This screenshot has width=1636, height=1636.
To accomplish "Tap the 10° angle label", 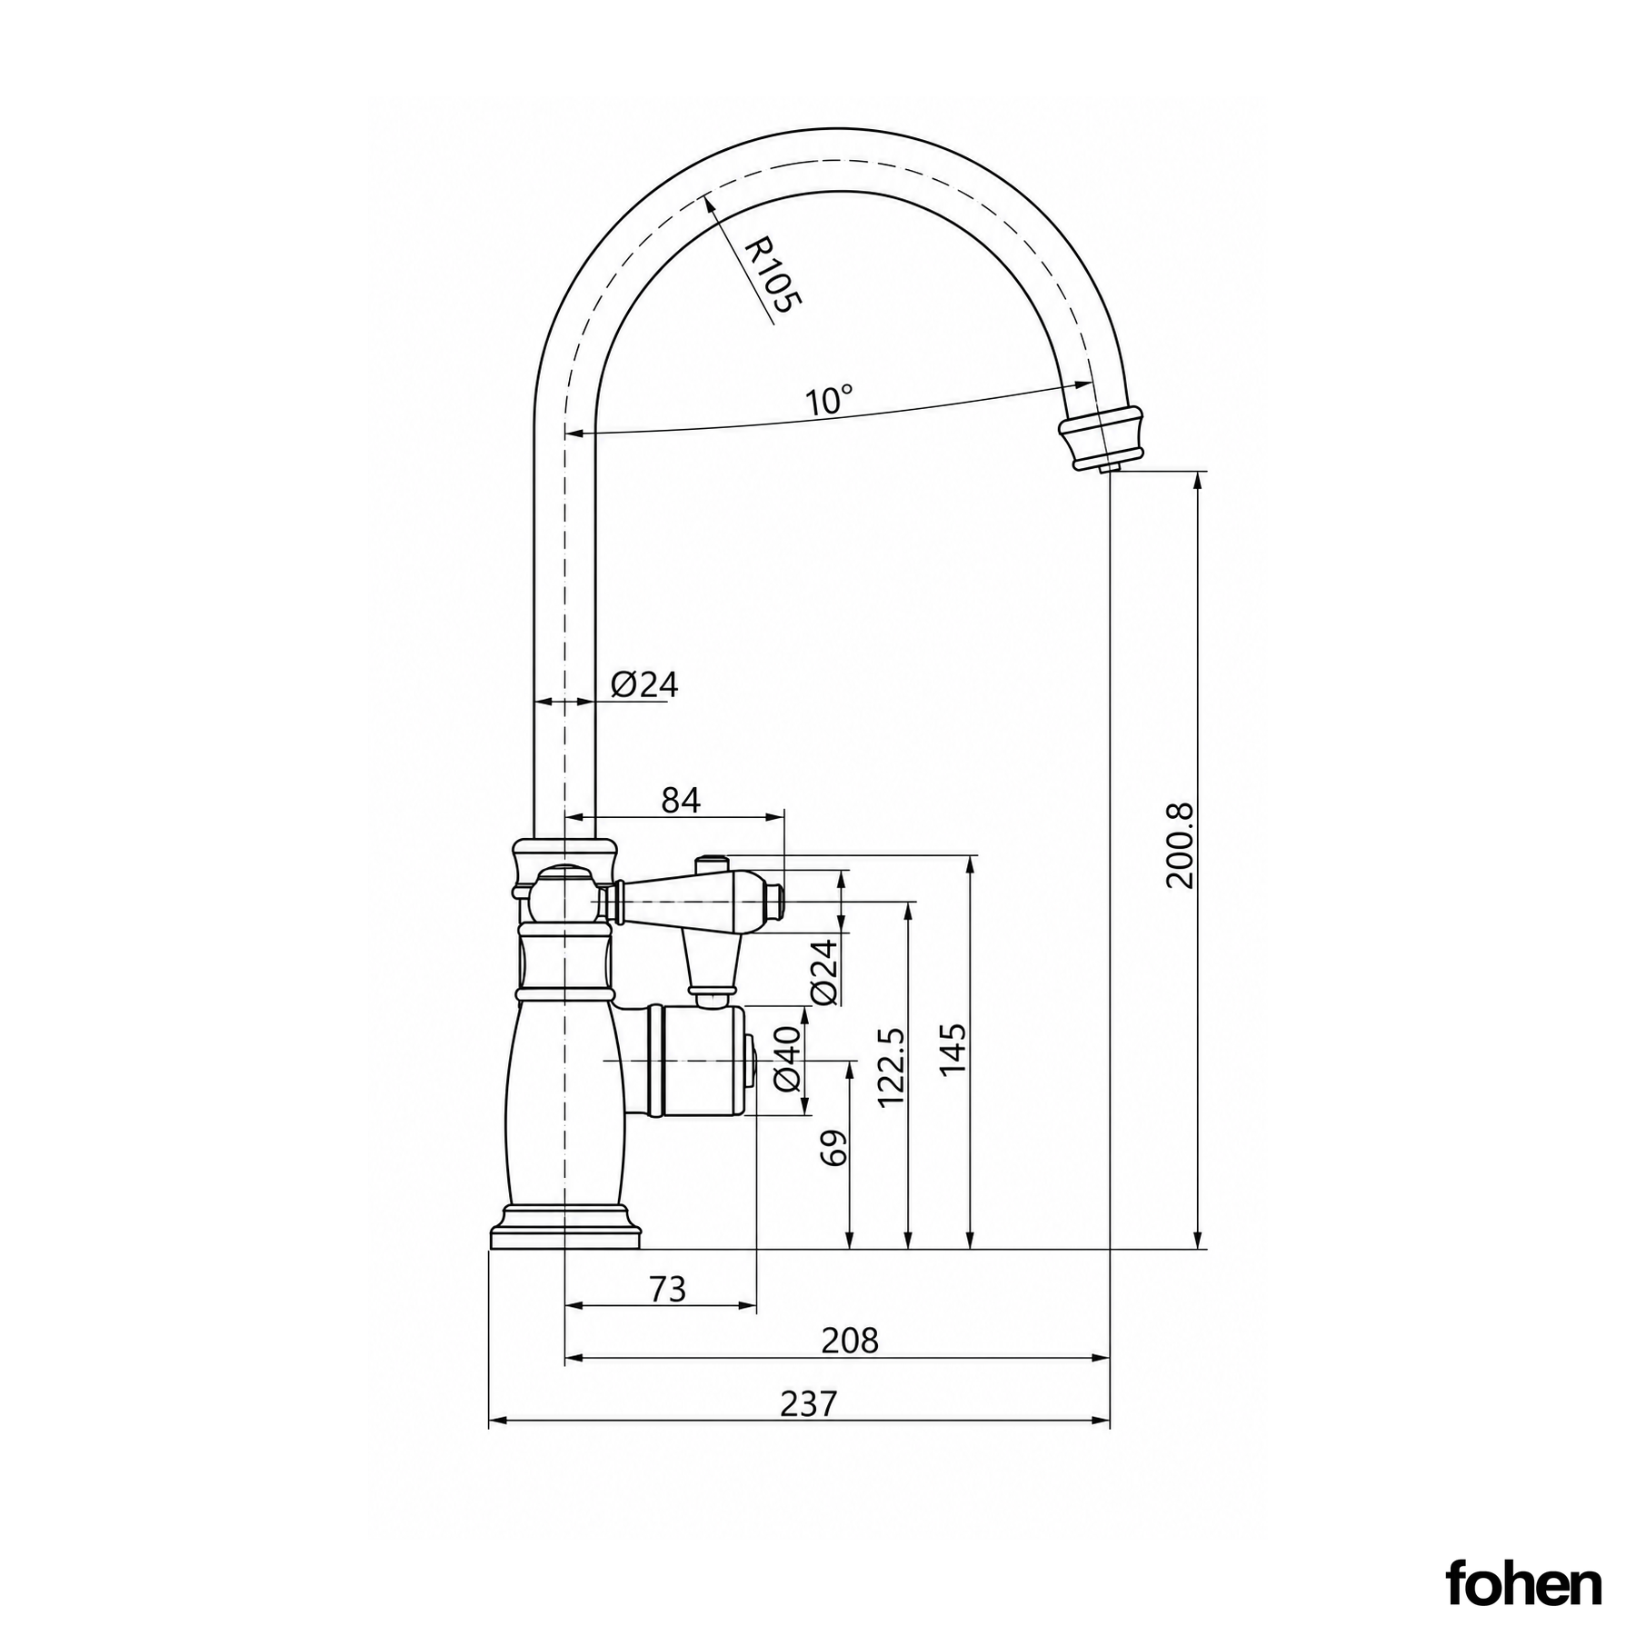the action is pos(829,401).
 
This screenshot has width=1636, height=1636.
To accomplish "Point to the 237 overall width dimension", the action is pos(808,1404).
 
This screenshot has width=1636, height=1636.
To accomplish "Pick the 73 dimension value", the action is pos(668,1289).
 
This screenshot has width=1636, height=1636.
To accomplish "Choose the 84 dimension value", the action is pos(681,800).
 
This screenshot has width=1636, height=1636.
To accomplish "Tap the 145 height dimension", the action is pos(952,1050).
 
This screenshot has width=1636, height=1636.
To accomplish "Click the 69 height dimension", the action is pos(833,1148).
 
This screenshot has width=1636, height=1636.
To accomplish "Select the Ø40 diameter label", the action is pos(787,1058).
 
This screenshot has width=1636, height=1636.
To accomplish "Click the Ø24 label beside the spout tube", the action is pos(644,684).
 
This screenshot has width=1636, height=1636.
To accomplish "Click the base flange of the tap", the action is pos(565,1229).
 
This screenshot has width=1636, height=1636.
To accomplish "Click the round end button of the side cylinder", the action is pos(751,1061).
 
